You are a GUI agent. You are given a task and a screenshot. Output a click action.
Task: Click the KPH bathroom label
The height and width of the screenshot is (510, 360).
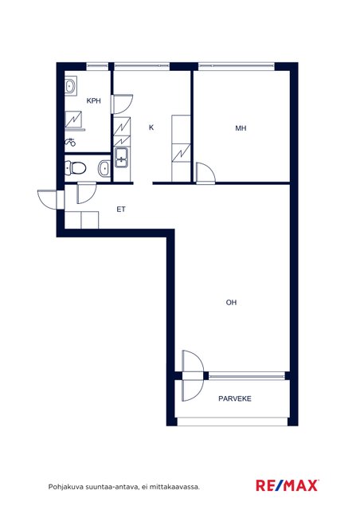pos(93,101)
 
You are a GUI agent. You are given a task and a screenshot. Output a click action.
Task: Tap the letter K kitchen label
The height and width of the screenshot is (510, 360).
pos(151,127)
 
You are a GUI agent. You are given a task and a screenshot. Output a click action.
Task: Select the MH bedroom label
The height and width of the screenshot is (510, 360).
pos(241,128)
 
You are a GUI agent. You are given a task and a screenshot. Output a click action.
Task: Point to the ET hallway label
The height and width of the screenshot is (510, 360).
pos(121,209)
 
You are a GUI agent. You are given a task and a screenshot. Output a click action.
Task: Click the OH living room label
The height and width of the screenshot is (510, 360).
pos(231,303)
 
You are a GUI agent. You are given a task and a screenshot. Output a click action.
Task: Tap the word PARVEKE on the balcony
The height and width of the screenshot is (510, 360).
pos(235,398)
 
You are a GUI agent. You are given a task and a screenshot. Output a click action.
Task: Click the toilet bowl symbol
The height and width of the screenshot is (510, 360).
pos(76,168)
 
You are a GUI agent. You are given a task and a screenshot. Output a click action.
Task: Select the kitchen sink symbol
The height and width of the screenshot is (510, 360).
pos(122,158)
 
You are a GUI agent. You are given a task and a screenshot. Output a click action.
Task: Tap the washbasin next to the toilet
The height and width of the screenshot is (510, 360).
pos(104,168)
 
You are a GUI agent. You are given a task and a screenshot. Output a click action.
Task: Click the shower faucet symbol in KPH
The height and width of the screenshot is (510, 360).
pos(70,142)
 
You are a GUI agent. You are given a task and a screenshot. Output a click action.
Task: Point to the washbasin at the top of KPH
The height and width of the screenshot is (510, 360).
pos(70,86)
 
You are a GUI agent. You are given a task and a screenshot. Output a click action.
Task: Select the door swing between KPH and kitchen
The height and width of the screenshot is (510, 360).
pos(123,104)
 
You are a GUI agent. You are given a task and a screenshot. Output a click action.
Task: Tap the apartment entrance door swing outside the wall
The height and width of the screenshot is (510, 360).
pos(48,199)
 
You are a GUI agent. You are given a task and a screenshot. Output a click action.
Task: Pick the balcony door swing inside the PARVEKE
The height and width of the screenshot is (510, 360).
pos(193,390)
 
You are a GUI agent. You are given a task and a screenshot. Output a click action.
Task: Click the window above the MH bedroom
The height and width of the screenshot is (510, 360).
pos(237,66)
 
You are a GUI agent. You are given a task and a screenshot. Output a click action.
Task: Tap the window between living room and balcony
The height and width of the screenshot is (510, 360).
pos(247,375)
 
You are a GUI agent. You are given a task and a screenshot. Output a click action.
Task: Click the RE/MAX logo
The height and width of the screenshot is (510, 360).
pos(288,485)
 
